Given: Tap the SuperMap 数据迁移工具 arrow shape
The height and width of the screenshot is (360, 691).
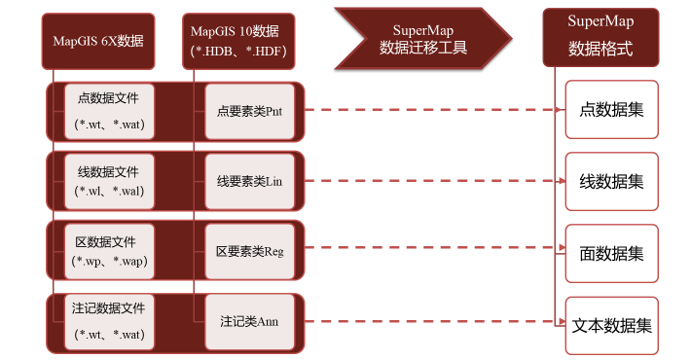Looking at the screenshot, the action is [x=418, y=38].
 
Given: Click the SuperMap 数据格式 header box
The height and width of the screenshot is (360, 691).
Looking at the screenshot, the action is [x=600, y=38].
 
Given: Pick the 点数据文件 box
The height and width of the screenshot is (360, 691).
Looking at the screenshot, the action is [x=108, y=111].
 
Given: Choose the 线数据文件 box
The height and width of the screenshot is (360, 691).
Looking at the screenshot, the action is [x=108, y=181].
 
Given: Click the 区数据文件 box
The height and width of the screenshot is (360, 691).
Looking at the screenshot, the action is [x=108, y=251].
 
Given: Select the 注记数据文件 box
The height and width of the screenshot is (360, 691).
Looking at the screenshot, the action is [x=108, y=321].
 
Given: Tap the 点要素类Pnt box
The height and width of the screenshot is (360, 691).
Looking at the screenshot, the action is [x=249, y=111].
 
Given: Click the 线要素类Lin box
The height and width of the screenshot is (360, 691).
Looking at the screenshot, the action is [x=249, y=181].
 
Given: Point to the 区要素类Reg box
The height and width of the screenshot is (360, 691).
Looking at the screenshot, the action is [x=249, y=251].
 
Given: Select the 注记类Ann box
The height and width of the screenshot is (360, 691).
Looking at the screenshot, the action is [x=249, y=321].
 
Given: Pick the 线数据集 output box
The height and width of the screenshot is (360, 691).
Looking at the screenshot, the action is [x=611, y=181].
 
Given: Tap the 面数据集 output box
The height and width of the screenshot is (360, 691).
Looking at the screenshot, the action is [x=611, y=253].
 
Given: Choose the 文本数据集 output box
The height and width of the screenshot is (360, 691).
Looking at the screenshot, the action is [x=611, y=325].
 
